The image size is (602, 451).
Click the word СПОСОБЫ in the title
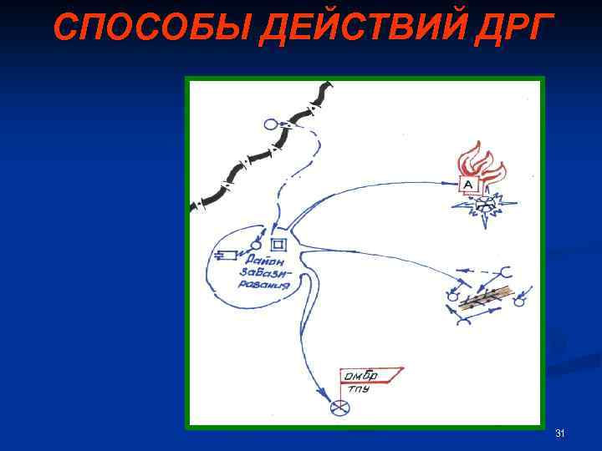click(151, 28)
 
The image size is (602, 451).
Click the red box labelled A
click(468, 184)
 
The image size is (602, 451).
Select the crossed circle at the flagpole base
click(339, 408)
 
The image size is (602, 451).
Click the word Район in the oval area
click(267, 259)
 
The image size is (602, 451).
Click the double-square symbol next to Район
click(279, 244)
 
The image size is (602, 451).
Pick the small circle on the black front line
click(270, 124)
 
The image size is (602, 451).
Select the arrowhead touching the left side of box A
click(452, 182)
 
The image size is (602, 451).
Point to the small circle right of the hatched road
click(518, 302)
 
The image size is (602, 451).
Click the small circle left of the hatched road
click(452, 296)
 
